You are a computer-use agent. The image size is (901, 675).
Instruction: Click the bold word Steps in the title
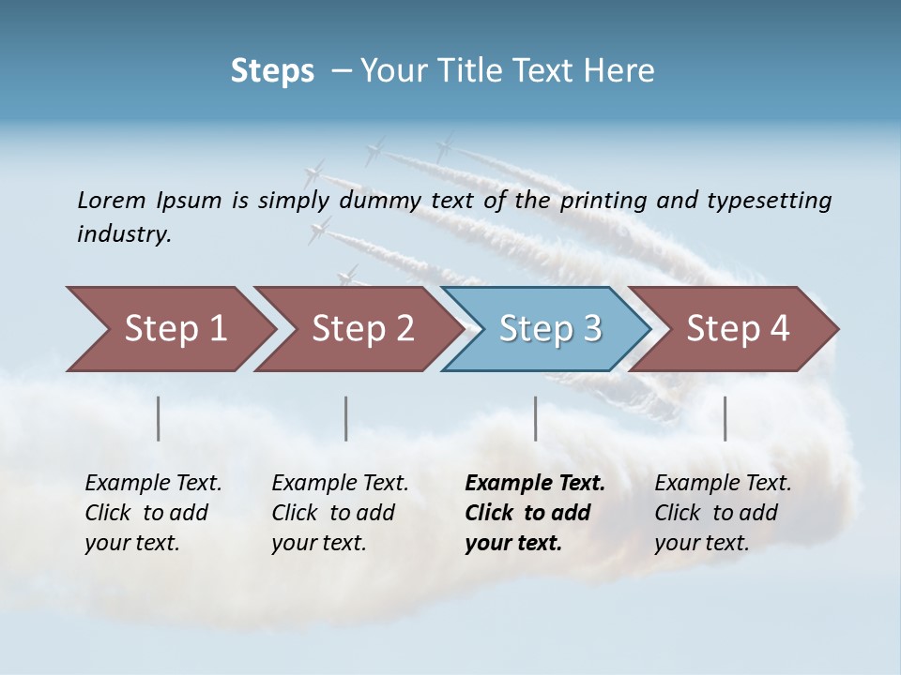point(272,71)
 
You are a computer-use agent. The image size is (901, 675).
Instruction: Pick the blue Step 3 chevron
point(550,329)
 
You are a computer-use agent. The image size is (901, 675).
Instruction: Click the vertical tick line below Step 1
point(159,418)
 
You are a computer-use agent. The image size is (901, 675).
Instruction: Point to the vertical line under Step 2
point(346,418)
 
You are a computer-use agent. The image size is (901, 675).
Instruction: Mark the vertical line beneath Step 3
point(535,418)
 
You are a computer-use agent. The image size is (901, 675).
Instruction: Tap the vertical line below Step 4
point(725,418)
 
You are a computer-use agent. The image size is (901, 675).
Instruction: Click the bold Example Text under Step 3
point(535,484)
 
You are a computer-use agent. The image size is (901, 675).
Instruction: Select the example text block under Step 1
point(153,513)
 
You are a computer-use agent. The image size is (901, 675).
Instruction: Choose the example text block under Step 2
point(340,513)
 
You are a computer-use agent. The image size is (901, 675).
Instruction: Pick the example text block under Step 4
point(723,513)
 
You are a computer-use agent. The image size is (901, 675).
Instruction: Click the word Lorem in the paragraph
point(112,201)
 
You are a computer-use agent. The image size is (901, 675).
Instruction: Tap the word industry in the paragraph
point(123,234)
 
